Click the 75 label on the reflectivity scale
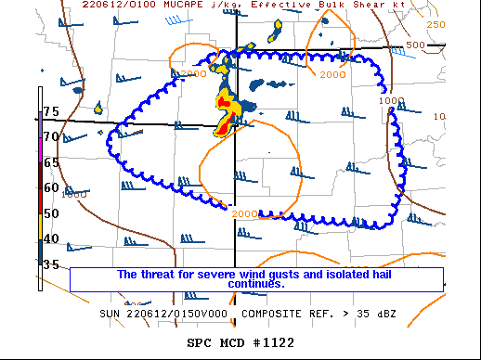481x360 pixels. point(50,111)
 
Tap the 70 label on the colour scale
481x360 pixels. point(50,136)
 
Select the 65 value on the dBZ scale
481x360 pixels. point(50,161)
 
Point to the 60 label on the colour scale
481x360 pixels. point(50,187)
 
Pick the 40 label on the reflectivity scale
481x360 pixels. point(50,238)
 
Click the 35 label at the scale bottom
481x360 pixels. point(50,264)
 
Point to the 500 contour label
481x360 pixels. point(415,45)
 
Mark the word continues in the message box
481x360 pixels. point(256,284)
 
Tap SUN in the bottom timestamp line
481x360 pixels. point(112,314)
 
